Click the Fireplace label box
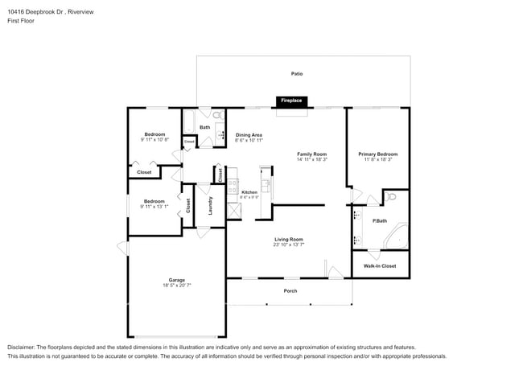291,101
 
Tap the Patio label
297,73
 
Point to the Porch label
290,291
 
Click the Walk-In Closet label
380,265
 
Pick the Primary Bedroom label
378,154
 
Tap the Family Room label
311,154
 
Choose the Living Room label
289,239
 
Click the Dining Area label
249,134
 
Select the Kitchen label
249,191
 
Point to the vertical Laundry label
209,206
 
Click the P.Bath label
380,220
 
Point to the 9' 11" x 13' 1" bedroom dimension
154,206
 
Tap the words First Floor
20,21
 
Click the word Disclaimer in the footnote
22,347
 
